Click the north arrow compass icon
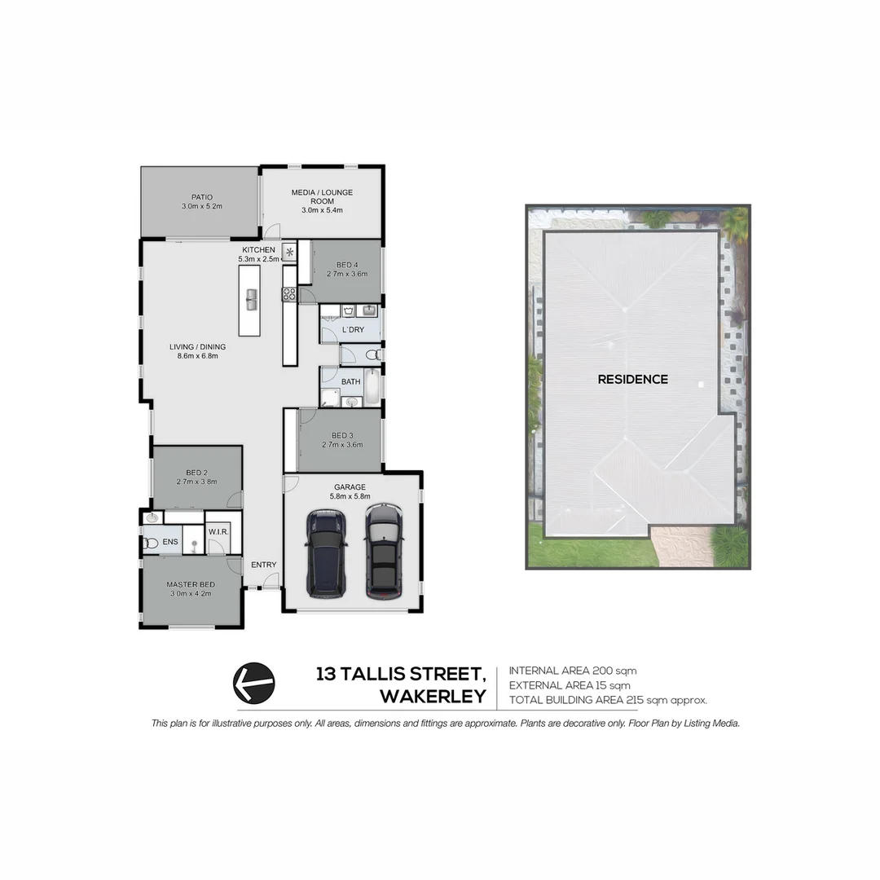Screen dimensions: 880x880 pyautogui.click(x=254, y=683)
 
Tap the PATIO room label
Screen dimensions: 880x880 pyautogui.click(x=202, y=197)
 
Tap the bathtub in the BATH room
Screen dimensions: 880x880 pyautogui.click(x=372, y=388)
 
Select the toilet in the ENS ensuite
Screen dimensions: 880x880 pyautogui.click(x=151, y=543)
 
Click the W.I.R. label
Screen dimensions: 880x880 pyautogui.click(x=218, y=532)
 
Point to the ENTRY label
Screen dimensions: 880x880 pyautogui.click(x=263, y=565)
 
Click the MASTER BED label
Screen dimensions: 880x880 pyautogui.click(x=190, y=584)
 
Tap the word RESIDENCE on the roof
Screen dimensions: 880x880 pyautogui.click(x=632, y=379)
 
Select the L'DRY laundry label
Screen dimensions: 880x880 pyautogui.click(x=353, y=329)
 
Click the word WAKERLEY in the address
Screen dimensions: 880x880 pyautogui.click(x=433, y=697)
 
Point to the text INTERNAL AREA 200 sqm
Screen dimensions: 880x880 pyautogui.click(x=572, y=671)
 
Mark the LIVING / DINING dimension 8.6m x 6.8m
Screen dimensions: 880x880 pyautogui.click(x=197, y=355)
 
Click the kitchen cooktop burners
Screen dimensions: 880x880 pyautogui.click(x=288, y=295)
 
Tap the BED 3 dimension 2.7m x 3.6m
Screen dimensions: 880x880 pyautogui.click(x=342, y=445)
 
